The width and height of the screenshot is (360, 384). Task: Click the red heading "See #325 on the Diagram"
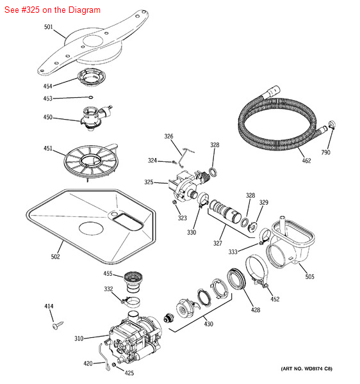[x=53, y=10]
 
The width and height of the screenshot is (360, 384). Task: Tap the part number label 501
[x=49, y=27]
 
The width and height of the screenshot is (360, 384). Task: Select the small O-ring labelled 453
[x=90, y=97]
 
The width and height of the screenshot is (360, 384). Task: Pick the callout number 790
[x=325, y=152]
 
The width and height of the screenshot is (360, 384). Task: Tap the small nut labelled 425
[x=114, y=365]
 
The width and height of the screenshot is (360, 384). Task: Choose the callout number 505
[x=309, y=276]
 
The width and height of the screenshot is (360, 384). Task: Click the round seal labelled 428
[x=236, y=279]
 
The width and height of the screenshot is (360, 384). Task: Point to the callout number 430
[x=209, y=324]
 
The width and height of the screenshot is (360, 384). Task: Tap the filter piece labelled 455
[x=133, y=282]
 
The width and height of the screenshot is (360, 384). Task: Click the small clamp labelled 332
[x=131, y=301]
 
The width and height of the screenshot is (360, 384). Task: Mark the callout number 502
[x=55, y=257]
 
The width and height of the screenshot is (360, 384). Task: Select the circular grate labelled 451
[x=91, y=161]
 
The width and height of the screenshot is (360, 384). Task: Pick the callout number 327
[x=218, y=243]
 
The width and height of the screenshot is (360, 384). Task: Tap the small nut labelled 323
[x=174, y=202]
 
